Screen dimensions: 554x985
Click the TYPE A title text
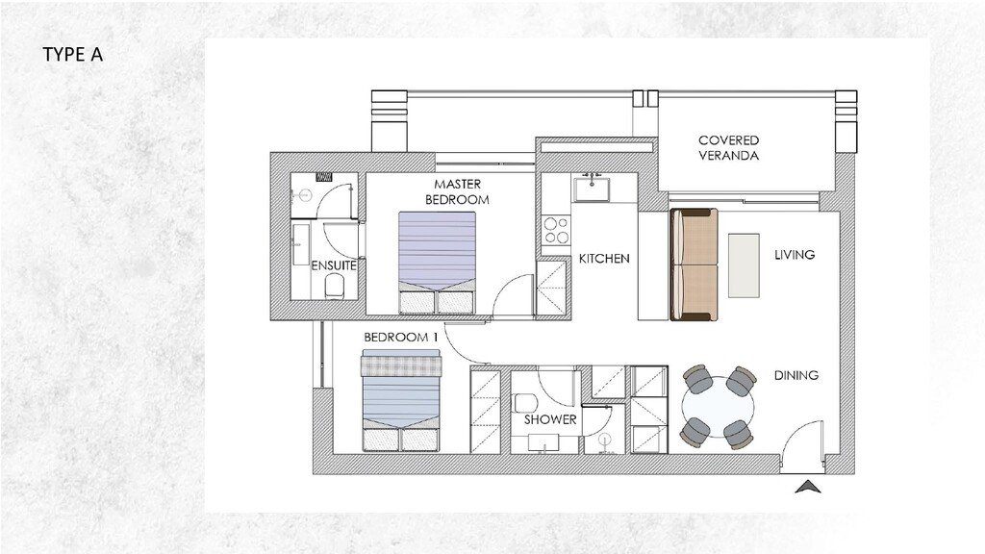coord(72,55)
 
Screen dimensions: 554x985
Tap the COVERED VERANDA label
coord(728,147)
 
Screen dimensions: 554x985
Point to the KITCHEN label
coord(604,259)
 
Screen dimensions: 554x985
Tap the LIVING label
coord(795,255)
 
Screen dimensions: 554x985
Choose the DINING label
coord(796,375)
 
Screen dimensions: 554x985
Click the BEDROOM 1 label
coord(401,338)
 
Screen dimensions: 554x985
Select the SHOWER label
coord(550,419)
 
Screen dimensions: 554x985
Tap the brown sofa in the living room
coord(693,264)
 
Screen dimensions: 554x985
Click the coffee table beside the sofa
coord(744,264)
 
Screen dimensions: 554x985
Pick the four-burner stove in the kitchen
coord(556,231)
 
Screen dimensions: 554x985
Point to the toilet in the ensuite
coord(336,286)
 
